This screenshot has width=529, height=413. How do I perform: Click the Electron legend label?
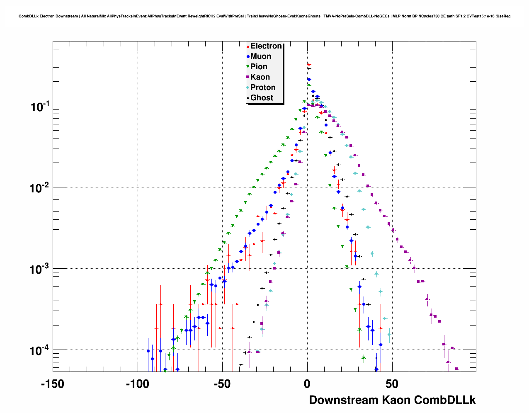pyautogui.click(x=266, y=46)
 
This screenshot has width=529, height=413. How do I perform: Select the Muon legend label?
pyautogui.click(x=261, y=56)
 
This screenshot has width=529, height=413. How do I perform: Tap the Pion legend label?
pyautogui.click(x=259, y=67)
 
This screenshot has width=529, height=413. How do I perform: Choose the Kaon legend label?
pyautogui.click(x=260, y=77)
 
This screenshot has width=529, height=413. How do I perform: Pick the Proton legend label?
pyautogui.click(x=263, y=87)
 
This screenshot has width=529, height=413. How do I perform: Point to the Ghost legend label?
pyautogui.click(x=262, y=98)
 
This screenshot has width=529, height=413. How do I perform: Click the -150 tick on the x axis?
pyautogui.click(x=53, y=384)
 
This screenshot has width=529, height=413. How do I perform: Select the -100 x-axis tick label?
pyautogui.click(x=137, y=384)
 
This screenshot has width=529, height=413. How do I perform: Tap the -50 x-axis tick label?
pyautogui.click(x=222, y=384)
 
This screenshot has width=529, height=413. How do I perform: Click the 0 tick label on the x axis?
pyautogui.click(x=307, y=384)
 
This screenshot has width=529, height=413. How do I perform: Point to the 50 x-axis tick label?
pyautogui.click(x=392, y=384)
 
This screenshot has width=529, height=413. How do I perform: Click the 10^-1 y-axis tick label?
pyautogui.click(x=40, y=107)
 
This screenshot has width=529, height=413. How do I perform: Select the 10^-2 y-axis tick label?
pyautogui.click(x=40, y=188)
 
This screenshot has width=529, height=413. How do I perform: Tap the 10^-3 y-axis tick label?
pyautogui.click(x=40, y=269)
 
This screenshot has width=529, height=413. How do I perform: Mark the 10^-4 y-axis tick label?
pyautogui.click(x=40, y=350)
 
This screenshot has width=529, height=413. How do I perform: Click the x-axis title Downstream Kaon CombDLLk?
pyautogui.click(x=392, y=400)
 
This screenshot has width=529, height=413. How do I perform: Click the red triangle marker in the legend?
pyautogui.click(x=248, y=46)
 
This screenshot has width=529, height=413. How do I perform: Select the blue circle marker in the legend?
pyautogui.click(x=248, y=57)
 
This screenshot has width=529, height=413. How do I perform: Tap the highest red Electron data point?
pyautogui.click(x=308, y=65)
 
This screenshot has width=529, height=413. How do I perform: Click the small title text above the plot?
pyautogui.click(x=264, y=16)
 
